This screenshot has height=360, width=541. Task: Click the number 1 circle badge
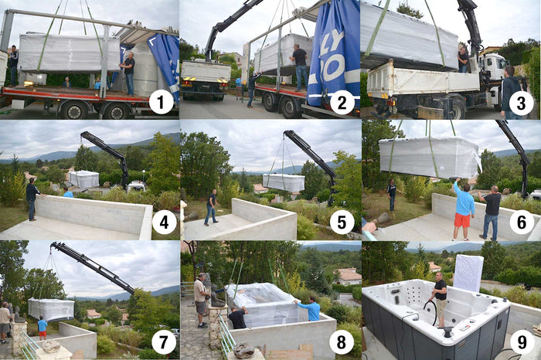(162, 102)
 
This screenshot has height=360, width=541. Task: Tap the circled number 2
(342, 102)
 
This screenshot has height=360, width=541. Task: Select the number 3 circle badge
(522, 102)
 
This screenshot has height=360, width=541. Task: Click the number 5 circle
(342, 222)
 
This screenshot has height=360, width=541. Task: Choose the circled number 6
(522, 222)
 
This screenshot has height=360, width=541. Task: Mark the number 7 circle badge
(162, 341)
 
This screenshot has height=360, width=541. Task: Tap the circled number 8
(342, 341)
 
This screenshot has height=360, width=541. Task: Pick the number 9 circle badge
(522, 341)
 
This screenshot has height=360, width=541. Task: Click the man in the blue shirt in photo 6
(463, 209)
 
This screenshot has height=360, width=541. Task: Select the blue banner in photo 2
(333, 54)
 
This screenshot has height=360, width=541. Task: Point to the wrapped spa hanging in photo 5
(284, 182)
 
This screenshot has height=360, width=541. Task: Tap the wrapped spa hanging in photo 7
(51, 309)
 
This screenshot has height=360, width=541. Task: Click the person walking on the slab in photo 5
(210, 206)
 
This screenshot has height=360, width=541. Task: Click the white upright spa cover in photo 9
(468, 273)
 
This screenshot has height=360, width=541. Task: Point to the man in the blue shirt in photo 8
(311, 309)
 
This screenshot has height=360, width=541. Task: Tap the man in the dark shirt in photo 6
(492, 212)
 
